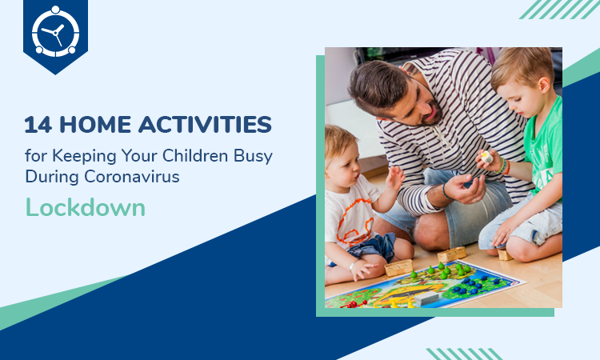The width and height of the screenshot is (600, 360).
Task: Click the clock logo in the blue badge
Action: [x=55, y=32]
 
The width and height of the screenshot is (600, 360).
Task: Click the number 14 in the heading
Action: [x=38, y=125]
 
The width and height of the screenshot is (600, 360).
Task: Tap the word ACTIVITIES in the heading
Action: [x=205, y=125]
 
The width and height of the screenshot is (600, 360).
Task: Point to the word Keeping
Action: [x=84, y=157]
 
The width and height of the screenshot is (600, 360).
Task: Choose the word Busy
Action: [x=254, y=157]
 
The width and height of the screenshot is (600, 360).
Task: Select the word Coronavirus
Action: [x=132, y=177]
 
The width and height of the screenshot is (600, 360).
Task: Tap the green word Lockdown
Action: [x=86, y=208]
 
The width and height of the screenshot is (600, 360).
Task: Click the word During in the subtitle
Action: [x=52, y=178]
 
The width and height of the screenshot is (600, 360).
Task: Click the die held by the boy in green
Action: [x=486, y=157]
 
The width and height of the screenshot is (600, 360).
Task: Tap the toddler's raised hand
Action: [x=395, y=178]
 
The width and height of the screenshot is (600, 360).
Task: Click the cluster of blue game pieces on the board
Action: [x=474, y=285]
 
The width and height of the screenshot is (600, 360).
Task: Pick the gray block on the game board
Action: [x=426, y=298]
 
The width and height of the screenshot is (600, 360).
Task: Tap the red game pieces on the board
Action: [x=353, y=304]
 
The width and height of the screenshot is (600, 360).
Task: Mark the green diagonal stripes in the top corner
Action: [x=559, y=9]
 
